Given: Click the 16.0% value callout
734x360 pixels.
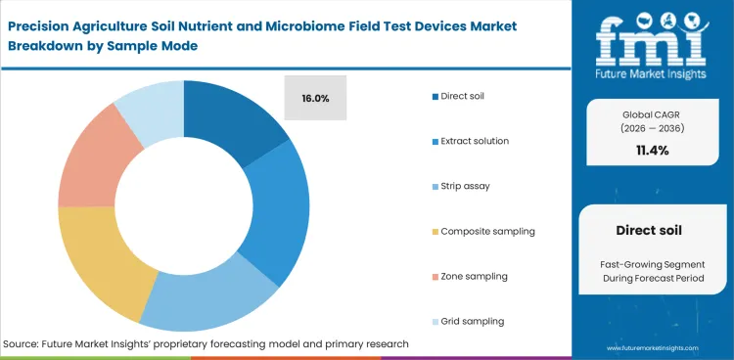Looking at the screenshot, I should pos(315,98).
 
